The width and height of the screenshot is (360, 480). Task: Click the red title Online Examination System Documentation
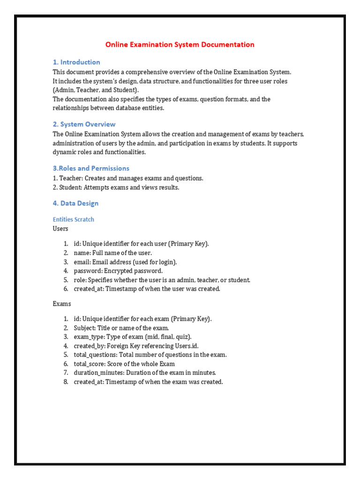pos(180,45)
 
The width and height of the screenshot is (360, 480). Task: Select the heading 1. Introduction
pos(76,62)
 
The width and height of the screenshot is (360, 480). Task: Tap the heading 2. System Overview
pos(84,124)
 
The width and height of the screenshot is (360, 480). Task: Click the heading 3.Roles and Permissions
pos(91,168)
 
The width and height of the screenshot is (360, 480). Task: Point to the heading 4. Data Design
pos(75,203)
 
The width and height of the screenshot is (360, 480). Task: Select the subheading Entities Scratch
pos(73,219)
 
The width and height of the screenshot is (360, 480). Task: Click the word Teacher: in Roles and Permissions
pos(71,179)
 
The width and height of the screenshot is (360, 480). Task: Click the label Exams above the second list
pos(62,304)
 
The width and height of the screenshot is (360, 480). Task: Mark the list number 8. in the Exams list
pos(66,382)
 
